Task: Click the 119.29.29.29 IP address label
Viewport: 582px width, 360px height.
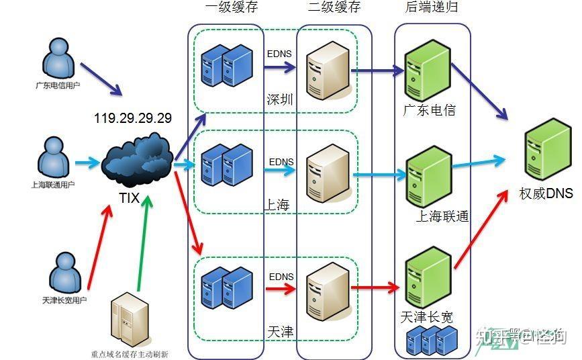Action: [x=133, y=118]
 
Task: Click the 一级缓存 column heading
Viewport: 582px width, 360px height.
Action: [x=230, y=8]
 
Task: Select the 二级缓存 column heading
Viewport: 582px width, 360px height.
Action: [x=334, y=8]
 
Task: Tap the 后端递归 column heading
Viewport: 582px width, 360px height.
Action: [x=432, y=8]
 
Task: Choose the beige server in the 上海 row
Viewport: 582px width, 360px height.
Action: [x=328, y=172]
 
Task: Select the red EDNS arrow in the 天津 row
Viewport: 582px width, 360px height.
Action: [x=279, y=289]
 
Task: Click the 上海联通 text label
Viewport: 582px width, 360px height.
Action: [x=442, y=216]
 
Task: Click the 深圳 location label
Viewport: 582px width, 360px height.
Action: [x=280, y=100]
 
